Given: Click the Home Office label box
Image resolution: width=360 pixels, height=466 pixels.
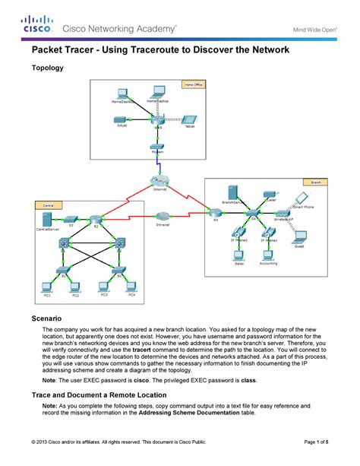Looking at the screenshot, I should click(x=194, y=84).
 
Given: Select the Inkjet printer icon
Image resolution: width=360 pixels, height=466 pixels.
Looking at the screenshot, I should click(x=120, y=119).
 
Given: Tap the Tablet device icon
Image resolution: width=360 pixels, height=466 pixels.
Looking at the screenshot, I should click(x=190, y=119).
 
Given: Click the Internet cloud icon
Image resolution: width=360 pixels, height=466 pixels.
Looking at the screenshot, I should click(x=159, y=181).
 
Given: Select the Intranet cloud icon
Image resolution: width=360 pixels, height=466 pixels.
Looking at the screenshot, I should click(x=163, y=217).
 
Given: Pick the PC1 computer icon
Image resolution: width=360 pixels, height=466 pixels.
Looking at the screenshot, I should click(x=48, y=286).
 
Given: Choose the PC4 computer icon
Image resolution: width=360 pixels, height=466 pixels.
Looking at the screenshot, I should click(x=131, y=286).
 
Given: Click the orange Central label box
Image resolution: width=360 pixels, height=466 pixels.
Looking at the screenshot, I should click(x=47, y=205).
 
